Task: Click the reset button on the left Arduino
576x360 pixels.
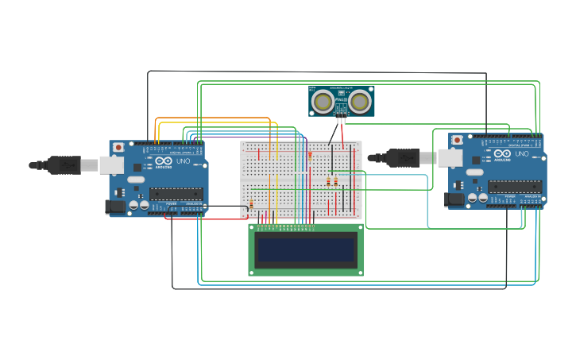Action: point(118,147)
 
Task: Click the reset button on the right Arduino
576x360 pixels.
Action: point(457,140)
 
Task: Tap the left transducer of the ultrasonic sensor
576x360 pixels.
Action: point(323,102)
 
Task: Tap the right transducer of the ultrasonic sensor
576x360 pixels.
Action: point(360,102)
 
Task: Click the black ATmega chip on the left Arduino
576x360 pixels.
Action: point(176,193)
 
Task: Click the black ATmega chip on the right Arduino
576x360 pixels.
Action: point(514,186)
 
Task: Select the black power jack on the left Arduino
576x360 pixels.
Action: point(115,207)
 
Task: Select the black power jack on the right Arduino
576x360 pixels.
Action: point(454,199)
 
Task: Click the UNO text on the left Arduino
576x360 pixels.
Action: point(182,161)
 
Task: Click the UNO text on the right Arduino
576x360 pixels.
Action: point(520,154)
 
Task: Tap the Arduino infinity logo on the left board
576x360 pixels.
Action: point(164,161)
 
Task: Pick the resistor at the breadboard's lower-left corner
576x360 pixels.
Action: point(251,205)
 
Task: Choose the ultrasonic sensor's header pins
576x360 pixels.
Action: point(341,114)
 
